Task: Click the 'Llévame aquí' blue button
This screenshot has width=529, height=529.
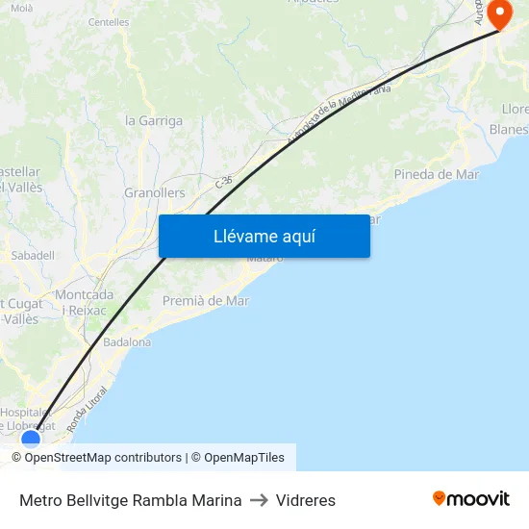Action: point(264,236)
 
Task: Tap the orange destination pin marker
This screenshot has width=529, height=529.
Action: point(500,13)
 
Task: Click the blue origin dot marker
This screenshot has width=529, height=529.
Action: point(31,439)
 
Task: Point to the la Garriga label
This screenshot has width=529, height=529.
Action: point(154,121)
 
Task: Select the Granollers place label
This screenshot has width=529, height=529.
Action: point(154,192)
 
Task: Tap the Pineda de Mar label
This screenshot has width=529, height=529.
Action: point(436,174)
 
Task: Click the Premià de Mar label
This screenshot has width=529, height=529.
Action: point(205,300)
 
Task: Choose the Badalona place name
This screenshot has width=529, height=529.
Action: point(127,341)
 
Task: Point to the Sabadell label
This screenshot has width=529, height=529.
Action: point(33,256)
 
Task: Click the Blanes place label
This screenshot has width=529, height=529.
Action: point(508,130)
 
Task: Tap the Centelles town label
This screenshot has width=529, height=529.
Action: point(108,21)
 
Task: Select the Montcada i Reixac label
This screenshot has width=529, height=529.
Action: point(84,302)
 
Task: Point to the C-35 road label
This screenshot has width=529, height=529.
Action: point(224,181)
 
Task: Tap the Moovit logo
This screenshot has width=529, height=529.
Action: point(470,499)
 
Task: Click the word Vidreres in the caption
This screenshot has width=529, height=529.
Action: point(306,500)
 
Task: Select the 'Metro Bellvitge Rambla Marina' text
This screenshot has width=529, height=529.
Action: point(130,500)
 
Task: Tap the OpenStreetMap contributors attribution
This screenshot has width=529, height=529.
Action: point(103,458)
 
